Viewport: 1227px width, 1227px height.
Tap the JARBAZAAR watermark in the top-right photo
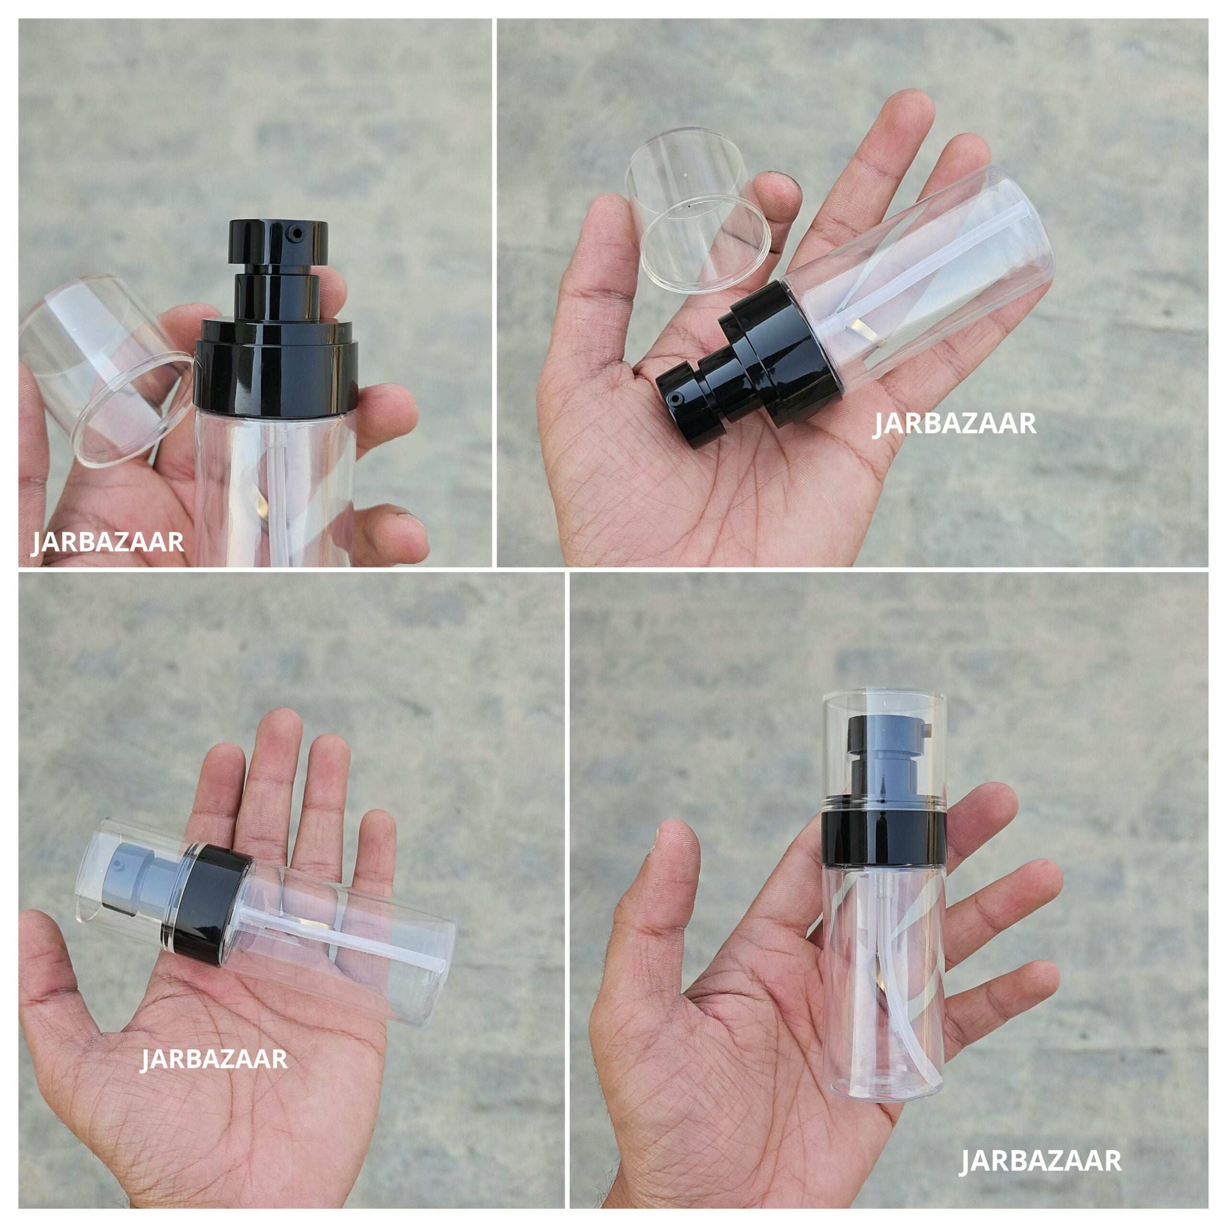pos(955,424)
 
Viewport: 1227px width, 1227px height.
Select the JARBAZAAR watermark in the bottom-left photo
pos(213,1059)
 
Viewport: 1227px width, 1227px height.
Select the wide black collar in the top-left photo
pos(276,369)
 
